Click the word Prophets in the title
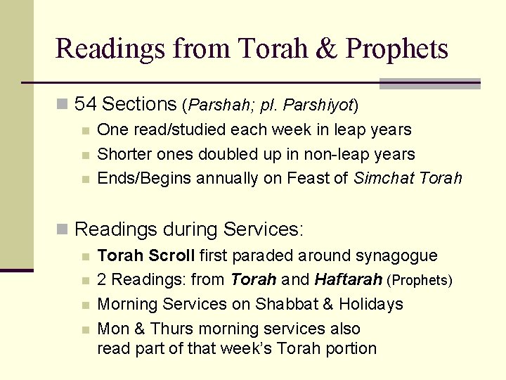pos(398,49)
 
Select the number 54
pos(85,105)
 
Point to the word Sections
pos(139,105)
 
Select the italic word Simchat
pos(384,178)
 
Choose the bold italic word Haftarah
pos(349,280)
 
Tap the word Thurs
pos(172,329)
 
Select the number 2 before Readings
pos(102,280)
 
